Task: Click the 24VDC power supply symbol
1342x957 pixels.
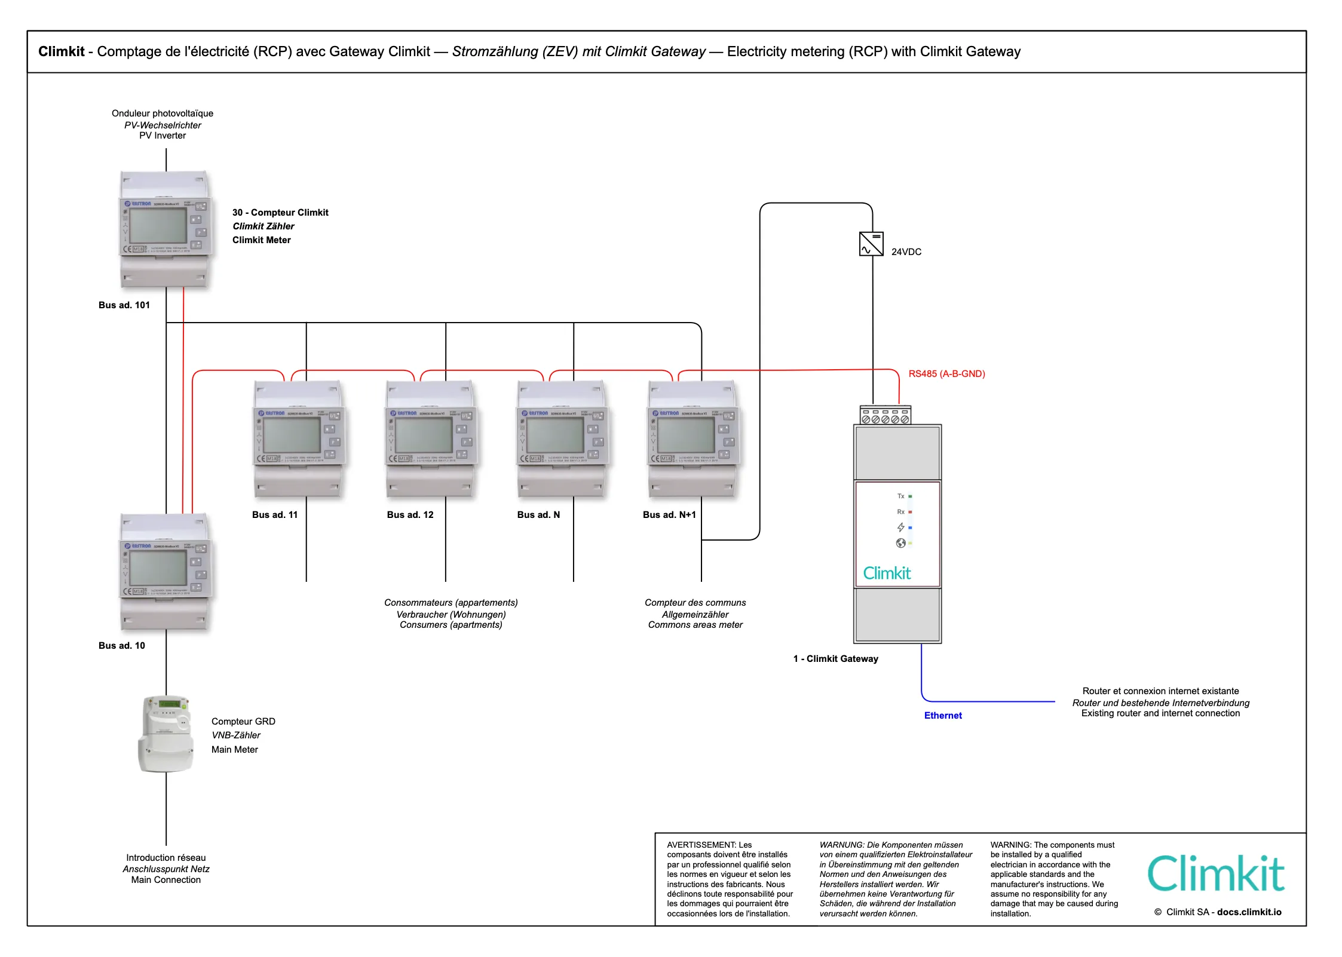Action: coord(871,244)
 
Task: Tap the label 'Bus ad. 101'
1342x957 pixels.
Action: coord(124,305)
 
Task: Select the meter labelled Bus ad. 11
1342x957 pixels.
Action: coord(299,439)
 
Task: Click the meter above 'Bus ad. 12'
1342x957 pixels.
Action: coord(430,439)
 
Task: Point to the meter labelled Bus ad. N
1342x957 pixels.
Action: coord(561,439)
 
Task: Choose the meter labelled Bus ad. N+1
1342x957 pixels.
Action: coord(693,439)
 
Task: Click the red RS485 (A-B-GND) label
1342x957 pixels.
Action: coord(946,374)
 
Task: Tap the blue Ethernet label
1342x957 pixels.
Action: coord(943,716)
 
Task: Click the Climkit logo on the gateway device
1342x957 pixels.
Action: coord(887,573)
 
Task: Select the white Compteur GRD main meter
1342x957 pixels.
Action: coord(166,734)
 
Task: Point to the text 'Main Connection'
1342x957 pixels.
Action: coord(166,880)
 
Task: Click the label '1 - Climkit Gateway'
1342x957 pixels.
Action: coord(835,659)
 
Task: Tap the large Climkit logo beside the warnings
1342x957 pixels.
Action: coord(1215,873)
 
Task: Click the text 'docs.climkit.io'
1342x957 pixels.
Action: coord(1249,912)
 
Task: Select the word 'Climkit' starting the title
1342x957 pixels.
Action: coord(62,51)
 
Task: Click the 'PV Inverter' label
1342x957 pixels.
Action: coord(163,136)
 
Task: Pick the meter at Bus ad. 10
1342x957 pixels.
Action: coord(166,572)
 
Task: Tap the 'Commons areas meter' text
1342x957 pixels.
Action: coord(695,625)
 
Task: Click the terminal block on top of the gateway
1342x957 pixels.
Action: coord(886,416)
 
